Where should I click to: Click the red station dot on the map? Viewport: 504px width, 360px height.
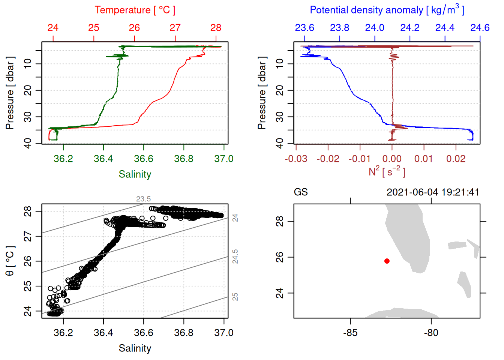click(387, 261)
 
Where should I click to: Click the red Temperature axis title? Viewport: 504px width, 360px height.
click(135, 10)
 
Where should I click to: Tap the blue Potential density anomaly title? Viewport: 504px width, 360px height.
click(387, 10)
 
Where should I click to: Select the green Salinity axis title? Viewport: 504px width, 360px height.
click(135, 174)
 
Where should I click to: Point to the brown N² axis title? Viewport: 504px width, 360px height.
click(387, 171)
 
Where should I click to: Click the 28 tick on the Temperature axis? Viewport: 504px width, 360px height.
click(216, 28)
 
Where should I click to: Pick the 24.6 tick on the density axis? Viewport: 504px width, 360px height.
click(480, 28)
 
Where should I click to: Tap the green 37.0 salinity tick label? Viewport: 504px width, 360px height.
click(223, 159)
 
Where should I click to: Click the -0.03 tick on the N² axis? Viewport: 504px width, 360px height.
click(296, 159)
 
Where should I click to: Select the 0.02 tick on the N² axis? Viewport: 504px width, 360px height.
click(456, 159)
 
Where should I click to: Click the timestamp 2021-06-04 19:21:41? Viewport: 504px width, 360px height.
click(433, 192)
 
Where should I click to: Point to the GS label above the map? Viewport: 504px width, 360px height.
click(301, 192)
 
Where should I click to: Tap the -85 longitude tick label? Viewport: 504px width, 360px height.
click(350, 333)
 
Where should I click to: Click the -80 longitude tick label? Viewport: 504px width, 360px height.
click(431, 333)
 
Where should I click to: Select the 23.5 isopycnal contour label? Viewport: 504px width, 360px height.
click(143, 199)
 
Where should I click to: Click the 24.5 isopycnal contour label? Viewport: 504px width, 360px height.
click(235, 256)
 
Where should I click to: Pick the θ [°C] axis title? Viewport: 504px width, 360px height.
click(10, 261)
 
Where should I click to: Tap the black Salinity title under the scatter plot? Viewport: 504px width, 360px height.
click(135, 348)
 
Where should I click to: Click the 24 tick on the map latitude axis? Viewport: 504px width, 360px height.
click(280, 293)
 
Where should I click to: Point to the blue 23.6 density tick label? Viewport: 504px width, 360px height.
click(304, 28)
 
